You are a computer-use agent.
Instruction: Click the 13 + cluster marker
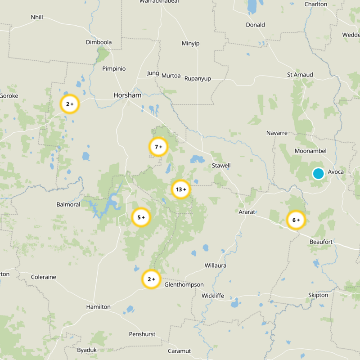(x=181, y=189)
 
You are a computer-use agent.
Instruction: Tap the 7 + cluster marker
(x=158, y=147)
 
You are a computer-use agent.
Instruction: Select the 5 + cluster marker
(x=141, y=217)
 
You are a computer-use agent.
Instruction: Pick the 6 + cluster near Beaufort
(x=296, y=220)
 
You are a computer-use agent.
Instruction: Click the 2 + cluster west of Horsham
(x=70, y=104)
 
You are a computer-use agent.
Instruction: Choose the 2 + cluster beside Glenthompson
(x=152, y=279)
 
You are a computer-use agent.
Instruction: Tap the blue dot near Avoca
(x=318, y=173)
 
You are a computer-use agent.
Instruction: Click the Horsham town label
(x=127, y=95)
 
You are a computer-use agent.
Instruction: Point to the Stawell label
(x=221, y=166)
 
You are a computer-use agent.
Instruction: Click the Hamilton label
(x=98, y=306)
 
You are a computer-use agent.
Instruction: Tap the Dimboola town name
(x=99, y=42)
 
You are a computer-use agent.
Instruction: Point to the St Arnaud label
(x=300, y=74)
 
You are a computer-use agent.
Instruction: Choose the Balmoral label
(x=68, y=204)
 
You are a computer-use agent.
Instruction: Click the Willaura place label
(x=215, y=265)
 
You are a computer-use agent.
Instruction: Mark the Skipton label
(x=318, y=295)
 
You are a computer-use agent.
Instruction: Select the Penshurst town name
(x=142, y=334)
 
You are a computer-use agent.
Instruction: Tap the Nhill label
(x=37, y=17)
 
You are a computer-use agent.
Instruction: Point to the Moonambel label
(x=310, y=151)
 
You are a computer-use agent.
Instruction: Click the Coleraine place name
(x=44, y=277)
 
